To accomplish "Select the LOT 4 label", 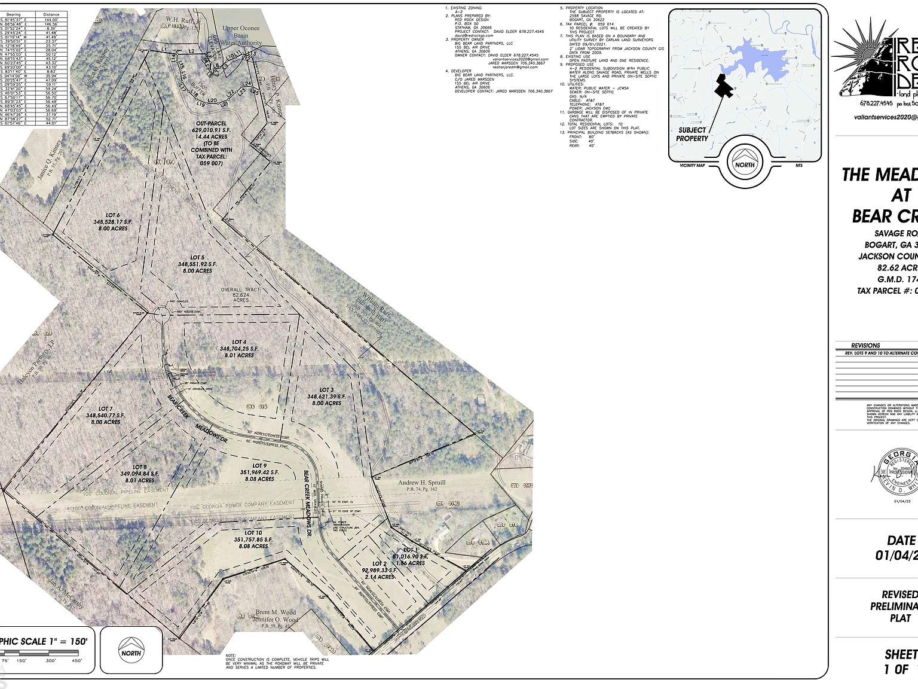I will point(239,342).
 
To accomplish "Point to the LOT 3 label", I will point(326,390).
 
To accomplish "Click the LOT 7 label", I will point(105,408).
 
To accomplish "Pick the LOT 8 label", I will point(139,467).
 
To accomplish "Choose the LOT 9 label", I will point(259,465).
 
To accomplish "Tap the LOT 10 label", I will point(253,533).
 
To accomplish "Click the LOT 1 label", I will point(410,550).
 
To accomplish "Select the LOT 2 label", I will point(380,563).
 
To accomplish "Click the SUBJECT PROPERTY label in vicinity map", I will point(692,134).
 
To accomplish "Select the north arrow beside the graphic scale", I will point(131,650).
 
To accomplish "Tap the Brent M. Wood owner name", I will point(276,612).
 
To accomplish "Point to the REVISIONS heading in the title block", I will point(865,345).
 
